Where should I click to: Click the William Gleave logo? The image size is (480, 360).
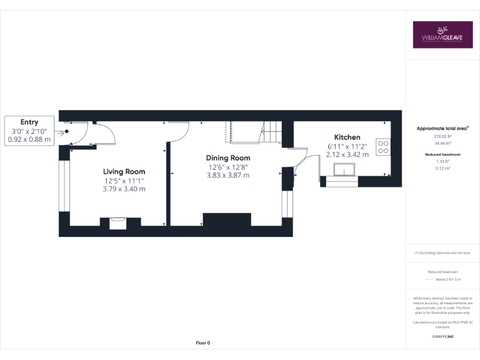442,35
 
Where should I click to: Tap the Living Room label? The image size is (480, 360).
124,171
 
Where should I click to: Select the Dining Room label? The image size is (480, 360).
228,158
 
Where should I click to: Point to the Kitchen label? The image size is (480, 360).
347,137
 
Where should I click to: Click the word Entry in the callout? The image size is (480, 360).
29,122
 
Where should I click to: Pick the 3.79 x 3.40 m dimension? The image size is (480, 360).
124,189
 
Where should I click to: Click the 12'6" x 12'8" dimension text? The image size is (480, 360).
228,167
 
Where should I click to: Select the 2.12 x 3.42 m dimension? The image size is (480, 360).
347,154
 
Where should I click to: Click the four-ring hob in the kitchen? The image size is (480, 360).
383,146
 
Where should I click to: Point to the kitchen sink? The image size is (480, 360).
344,170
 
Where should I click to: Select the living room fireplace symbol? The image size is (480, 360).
117,222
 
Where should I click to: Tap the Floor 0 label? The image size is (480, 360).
203,343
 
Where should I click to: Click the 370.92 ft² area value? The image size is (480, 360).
442,136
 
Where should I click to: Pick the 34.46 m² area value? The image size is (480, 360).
442,142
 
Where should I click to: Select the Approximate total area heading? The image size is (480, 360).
442,128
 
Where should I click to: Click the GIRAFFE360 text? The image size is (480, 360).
442,337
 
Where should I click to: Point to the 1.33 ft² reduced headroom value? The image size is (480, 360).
442,161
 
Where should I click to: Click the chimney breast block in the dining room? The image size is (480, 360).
227,220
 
